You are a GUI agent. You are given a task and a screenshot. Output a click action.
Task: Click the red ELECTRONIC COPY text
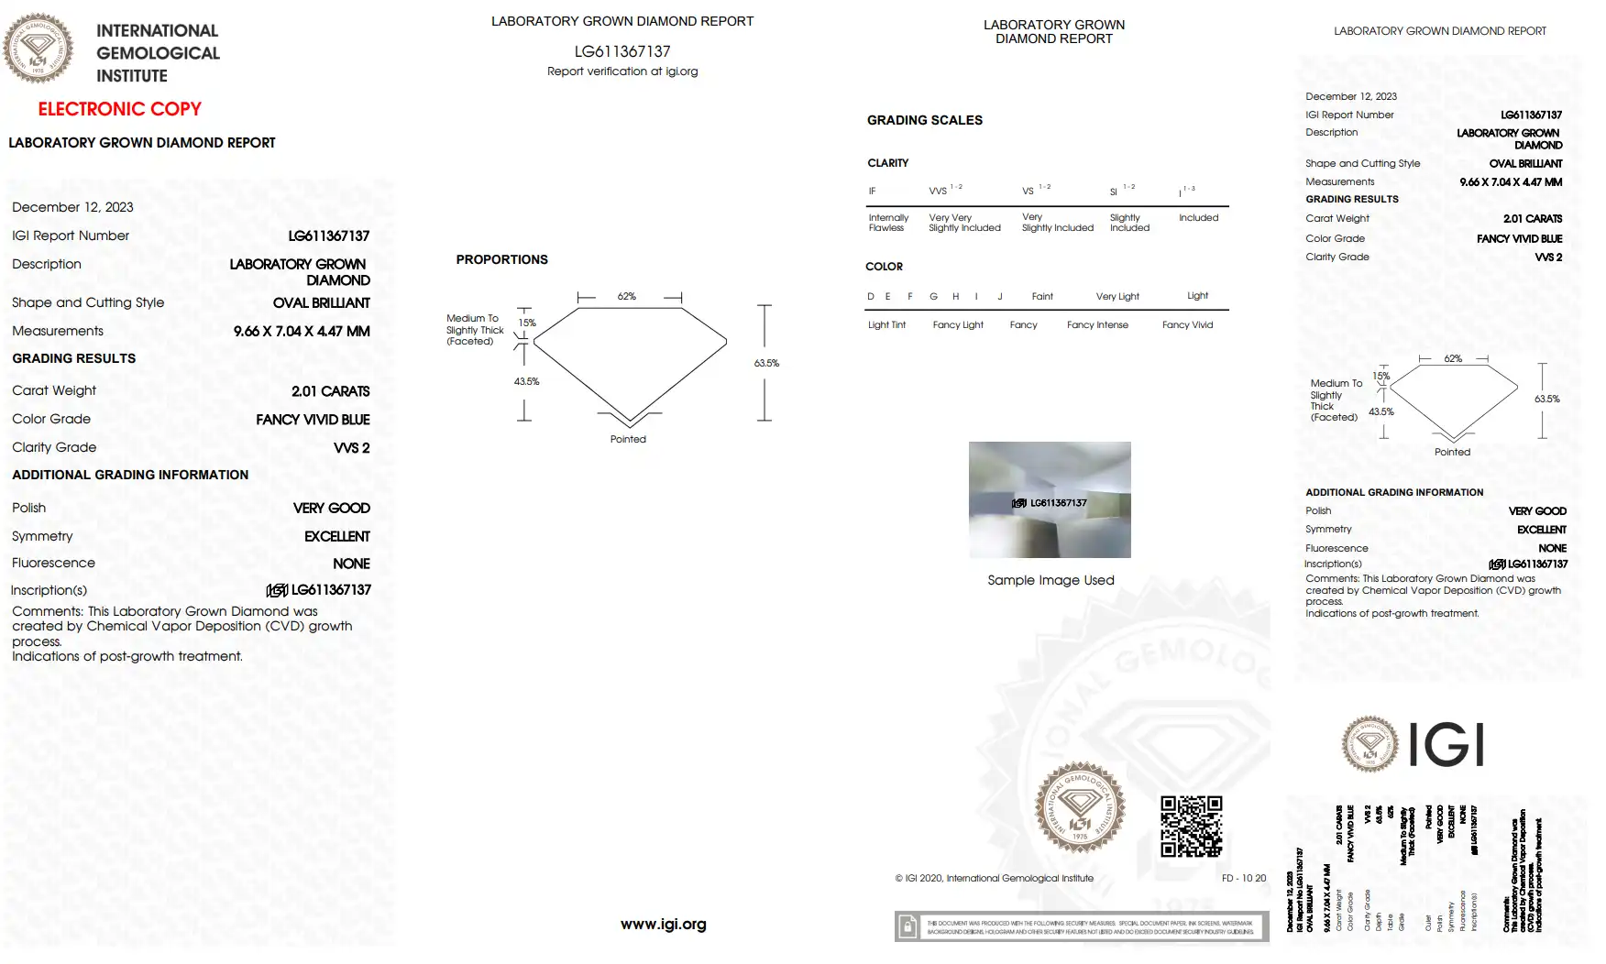(119, 109)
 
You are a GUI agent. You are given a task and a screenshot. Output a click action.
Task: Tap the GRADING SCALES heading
(924, 120)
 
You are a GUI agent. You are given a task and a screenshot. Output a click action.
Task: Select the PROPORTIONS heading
(501, 259)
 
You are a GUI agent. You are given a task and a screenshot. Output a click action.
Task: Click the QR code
(1191, 826)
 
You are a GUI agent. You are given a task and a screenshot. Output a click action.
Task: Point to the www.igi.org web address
(663, 924)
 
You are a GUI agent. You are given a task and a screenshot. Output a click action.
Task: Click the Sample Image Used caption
(1050, 580)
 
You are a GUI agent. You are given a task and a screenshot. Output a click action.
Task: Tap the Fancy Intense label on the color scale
(1097, 325)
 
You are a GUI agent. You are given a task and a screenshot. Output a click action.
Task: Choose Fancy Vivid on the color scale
(1187, 325)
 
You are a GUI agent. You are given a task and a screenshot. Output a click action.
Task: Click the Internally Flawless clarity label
(888, 223)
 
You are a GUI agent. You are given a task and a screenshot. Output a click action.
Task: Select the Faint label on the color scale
(1042, 296)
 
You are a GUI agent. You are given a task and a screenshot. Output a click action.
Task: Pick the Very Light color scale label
(1117, 296)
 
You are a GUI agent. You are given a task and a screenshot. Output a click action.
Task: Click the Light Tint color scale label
(886, 325)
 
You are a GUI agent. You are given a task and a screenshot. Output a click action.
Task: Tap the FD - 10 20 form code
(1243, 878)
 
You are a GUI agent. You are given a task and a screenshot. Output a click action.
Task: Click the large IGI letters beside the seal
(1446, 744)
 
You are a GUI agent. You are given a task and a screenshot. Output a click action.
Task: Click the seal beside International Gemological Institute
(38, 48)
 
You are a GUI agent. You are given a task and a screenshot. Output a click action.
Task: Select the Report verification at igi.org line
(622, 71)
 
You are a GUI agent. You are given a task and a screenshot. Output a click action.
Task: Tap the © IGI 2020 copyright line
(994, 878)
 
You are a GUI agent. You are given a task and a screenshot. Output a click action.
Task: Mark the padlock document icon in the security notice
(907, 926)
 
